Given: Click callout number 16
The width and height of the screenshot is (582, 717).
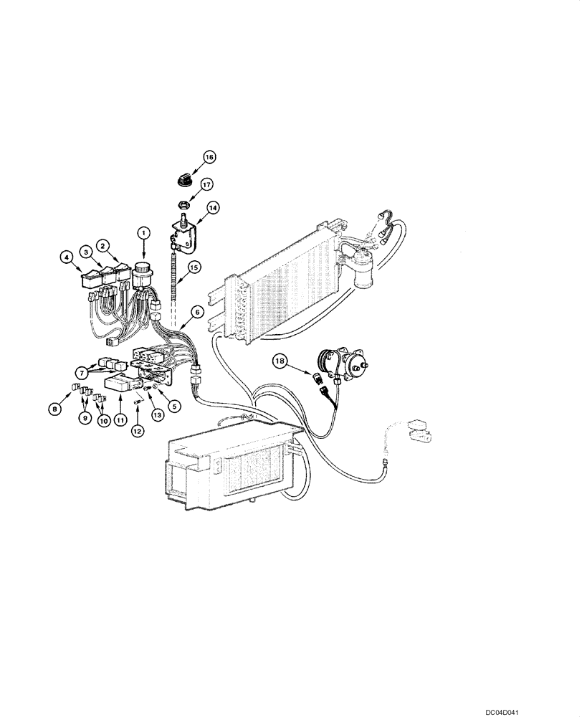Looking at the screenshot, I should [209, 156].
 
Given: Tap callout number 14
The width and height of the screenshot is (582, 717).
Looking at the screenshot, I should [213, 209].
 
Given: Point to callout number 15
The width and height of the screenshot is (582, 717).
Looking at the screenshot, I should [192, 269].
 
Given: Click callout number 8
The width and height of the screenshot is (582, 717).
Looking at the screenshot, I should [54, 409].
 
